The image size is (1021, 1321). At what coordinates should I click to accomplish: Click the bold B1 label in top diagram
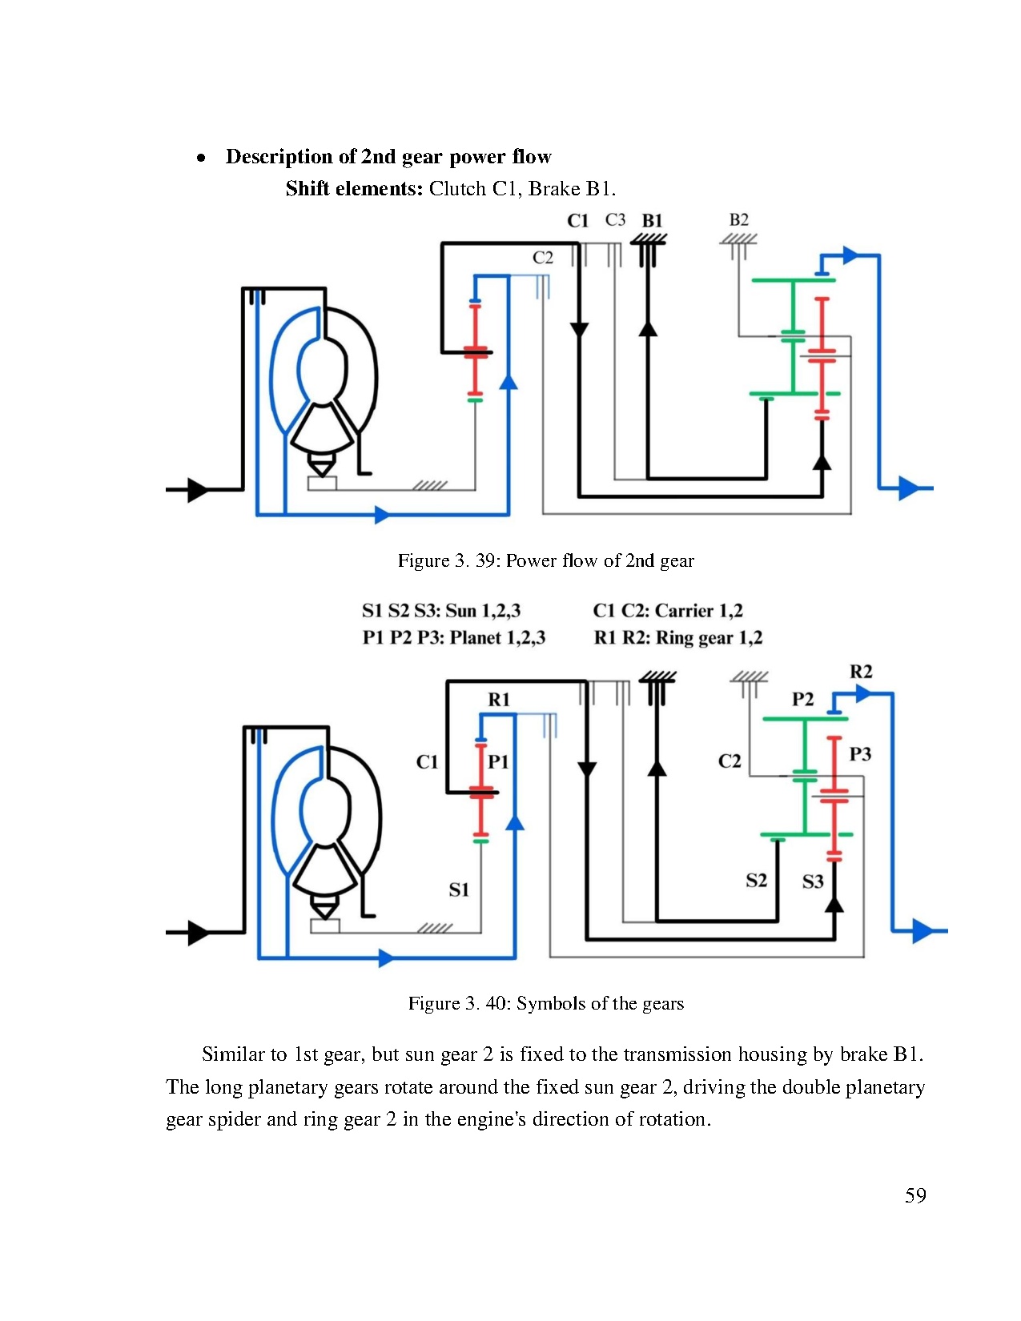pyautogui.click(x=652, y=221)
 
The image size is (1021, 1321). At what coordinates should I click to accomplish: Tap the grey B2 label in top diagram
pyautogui.click(x=738, y=219)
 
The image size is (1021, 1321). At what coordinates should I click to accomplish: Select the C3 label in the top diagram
pyautogui.click(x=615, y=219)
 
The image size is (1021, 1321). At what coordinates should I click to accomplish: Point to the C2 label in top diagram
pyautogui.click(x=543, y=258)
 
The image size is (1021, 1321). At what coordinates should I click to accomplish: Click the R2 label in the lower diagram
pyautogui.click(x=861, y=672)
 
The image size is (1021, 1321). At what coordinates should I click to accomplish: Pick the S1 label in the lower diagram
pyautogui.click(x=459, y=889)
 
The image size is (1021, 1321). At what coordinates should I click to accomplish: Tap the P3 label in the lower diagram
pyautogui.click(x=860, y=754)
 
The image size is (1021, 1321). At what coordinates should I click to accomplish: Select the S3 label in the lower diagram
pyautogui.click(x=813, y=881)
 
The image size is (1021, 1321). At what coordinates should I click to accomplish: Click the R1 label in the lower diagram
pyautogui.click(x=499, y=700)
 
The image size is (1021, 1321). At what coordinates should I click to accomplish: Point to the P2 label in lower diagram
pyautogui.click(x=802, y=700)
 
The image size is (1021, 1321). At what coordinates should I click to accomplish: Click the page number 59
pyautogui.click(x=915, y=1196)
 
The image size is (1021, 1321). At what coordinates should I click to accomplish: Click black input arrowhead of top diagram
pyautogui.click(x=197, y=488)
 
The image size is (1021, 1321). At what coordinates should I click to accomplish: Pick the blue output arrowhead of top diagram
pyautogui.click(x=908, y=488)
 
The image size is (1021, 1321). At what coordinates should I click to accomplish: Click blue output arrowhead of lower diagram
pyautogui.click(x=923, y=931)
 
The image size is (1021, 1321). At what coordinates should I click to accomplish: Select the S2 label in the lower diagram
pyautogui.click(x=756, y=881)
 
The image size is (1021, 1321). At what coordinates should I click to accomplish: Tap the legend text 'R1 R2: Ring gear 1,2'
pyautogui.click(x=677, y=638)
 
